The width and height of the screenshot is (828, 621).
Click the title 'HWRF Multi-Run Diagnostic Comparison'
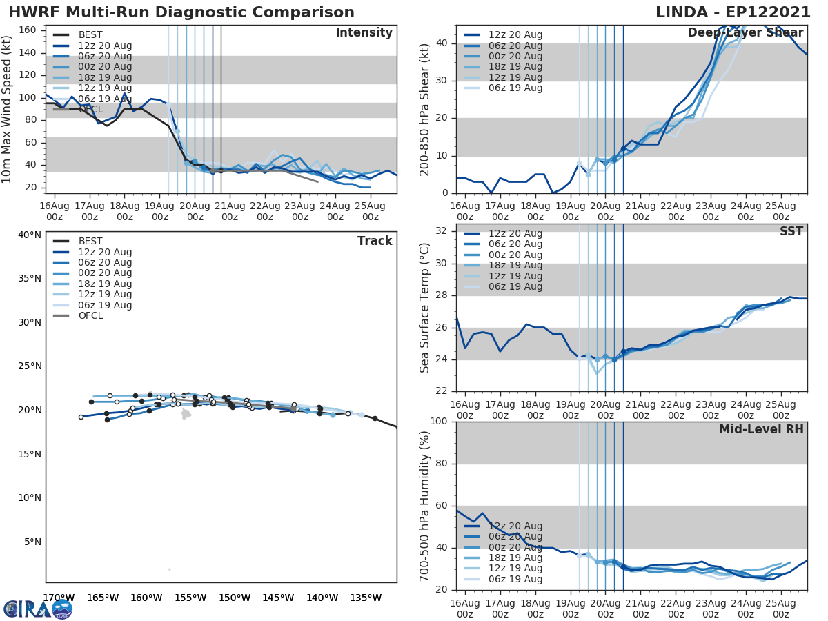(x=181, y=12)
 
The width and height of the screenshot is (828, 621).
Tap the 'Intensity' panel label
(x=364, y=33)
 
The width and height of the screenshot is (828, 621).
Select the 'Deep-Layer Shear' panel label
(x=745, y=33)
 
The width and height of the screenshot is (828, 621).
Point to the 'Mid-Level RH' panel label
(x=761, y=430)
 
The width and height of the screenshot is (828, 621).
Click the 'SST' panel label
(x=792, y=232)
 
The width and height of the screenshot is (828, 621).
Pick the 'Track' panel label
(x=375, y=241)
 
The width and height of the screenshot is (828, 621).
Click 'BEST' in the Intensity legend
(x=91, y=35)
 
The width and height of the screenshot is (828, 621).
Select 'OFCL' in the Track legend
(x=91, y=316)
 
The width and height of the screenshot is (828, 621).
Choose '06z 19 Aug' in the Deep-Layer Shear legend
(x=515, y=88)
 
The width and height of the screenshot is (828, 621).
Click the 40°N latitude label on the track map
(x=30, y=235)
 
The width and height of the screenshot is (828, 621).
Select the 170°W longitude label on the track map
(x=59, y=598)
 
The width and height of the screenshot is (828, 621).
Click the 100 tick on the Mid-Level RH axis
(x=439, y=422)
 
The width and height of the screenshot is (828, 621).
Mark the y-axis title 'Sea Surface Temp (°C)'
(x=425, y=308)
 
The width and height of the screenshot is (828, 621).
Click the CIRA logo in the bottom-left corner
(x=38, y=609)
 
